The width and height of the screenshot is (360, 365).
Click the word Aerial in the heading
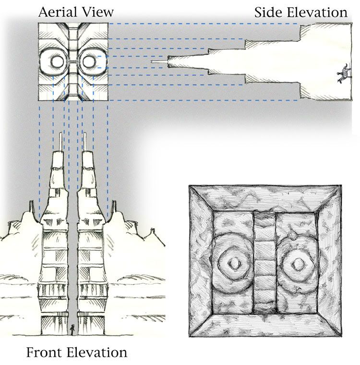(x=57, y=12)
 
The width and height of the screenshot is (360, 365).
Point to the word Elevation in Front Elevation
(x=96, y=352)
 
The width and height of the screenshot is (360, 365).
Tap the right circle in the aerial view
(x=89, y=61)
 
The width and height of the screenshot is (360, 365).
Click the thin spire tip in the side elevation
(x=159, y=62)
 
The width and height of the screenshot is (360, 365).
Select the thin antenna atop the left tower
(x=61, y=142)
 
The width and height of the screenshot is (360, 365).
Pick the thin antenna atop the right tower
(x=85, y=142)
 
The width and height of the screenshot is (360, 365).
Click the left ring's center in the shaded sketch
(x=233, y=263)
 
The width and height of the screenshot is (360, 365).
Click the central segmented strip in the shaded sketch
(x=264, y=262)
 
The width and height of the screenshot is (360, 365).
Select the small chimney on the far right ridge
(x=153, y=231)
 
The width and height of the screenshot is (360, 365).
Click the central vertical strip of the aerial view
(x=73, y=62)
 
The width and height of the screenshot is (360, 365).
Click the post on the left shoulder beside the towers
(x=31, y=207)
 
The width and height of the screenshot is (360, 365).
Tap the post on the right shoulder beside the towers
(x=114, y=207)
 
